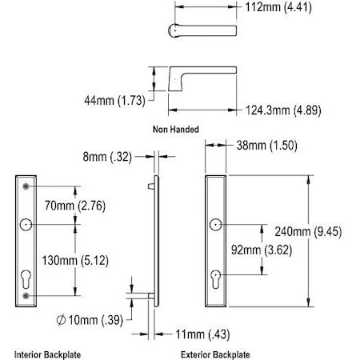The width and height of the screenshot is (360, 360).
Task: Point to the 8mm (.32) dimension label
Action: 108,158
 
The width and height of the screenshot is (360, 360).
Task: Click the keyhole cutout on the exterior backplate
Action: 216,278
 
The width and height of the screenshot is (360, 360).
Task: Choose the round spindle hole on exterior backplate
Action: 216,225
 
